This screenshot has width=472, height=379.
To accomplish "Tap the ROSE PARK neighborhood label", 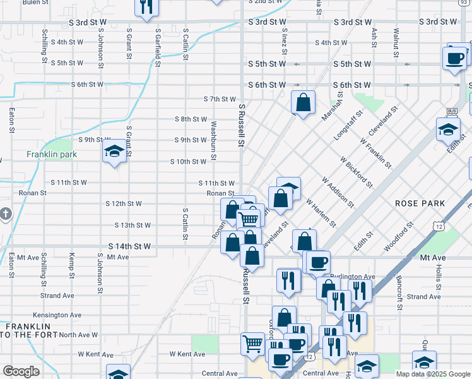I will pos(420,203).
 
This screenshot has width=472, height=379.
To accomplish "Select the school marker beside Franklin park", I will pos(114,153).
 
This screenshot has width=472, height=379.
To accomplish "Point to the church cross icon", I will pos(6,214).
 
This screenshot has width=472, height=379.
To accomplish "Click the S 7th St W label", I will pos(220,99).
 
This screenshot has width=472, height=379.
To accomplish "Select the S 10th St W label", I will pos(188,162).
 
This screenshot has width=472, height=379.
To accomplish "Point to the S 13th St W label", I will pos(133,225).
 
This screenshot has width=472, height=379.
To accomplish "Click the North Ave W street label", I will pos(79,335).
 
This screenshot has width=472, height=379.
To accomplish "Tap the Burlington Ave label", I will pos(357,277).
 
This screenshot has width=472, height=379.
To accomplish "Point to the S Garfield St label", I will pos(157,44).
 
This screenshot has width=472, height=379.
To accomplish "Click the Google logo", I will pos(21,371).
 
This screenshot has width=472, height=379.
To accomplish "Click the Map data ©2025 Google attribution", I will pos(432,374).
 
